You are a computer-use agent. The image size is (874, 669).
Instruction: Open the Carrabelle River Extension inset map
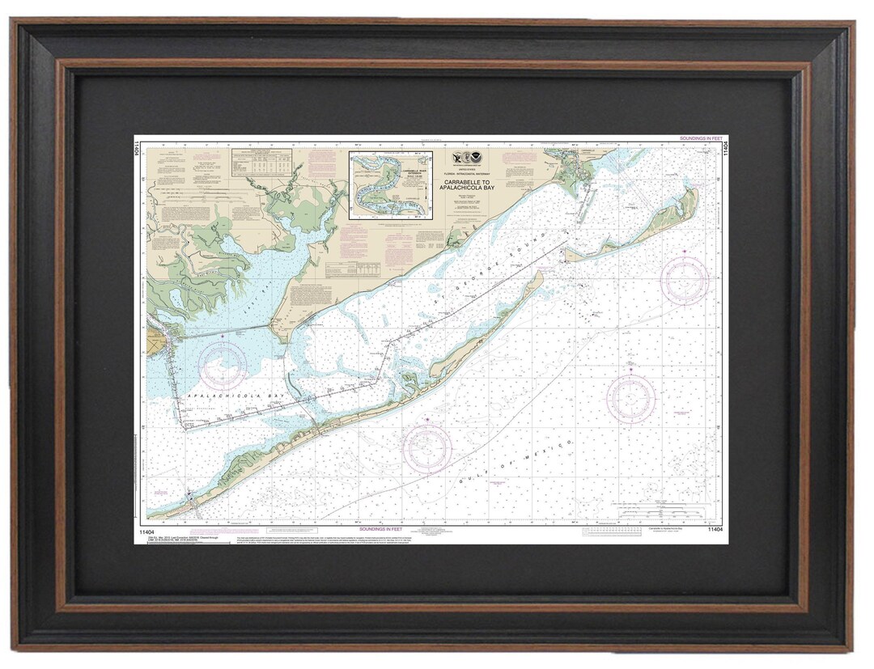point(390,185)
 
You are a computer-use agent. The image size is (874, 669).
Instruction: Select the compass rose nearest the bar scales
point(631,398)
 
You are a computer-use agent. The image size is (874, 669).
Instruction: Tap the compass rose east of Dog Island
point(685,280)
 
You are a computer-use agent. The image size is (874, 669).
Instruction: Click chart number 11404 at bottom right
point(715,530)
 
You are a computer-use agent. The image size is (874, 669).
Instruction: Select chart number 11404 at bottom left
point(159,531)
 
